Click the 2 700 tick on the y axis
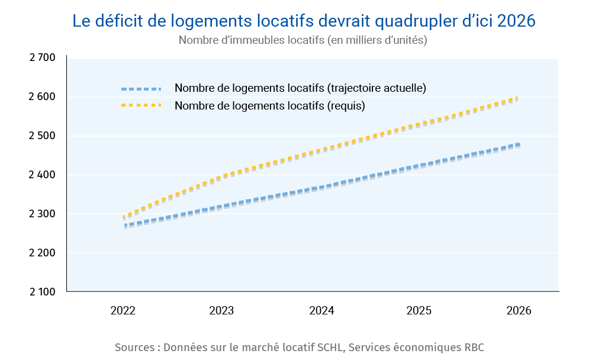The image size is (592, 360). tap(42, 57)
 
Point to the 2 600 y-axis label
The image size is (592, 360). tap(42, 97)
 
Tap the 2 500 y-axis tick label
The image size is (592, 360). tap(42, 136)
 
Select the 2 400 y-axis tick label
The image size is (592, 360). tap(42, 175)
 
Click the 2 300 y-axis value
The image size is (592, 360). tap(42, 214)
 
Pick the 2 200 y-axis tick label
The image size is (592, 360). tap(42, 253)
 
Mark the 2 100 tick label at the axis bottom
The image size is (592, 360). tap(42, 292)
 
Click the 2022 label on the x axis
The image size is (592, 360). tap(123, 310)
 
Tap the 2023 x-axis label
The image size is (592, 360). tap(222, 310)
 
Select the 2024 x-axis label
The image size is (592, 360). tap(321, 310)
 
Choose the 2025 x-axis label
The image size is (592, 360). tap(420, 310)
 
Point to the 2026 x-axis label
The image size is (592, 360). tap(519, 310)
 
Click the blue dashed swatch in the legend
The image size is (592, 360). tap(141, 89)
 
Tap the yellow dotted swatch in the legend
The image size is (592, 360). tap(141, 105)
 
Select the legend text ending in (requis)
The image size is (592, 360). tap(269, 106)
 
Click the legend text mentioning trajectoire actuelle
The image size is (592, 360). tap(300, 88)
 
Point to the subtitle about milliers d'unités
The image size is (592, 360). tap(303, 40)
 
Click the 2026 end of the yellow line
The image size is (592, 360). tap(517, 98)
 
